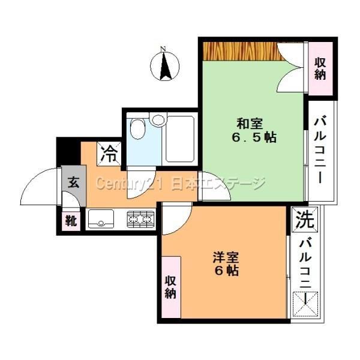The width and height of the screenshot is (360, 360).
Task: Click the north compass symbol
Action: tap(164, 65)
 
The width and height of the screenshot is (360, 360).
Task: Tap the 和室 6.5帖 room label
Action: tap(253, 130)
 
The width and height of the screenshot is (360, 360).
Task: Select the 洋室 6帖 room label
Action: tap(226, 264)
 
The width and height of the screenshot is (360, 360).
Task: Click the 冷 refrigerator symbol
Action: tap(109, 154)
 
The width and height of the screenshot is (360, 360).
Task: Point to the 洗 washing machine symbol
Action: tap(304, 219)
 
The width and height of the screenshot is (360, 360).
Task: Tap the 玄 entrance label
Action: tap(74, 183)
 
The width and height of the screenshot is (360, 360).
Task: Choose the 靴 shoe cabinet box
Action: tap(71, 221)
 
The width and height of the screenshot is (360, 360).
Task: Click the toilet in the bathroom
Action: tap(137, 128)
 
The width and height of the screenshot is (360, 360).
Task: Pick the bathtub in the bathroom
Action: tap(180, 139)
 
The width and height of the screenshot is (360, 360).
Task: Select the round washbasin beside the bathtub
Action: tap(158, 119)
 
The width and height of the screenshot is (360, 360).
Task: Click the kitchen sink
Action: tap(101, 219)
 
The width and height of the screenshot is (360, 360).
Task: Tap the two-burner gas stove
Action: tap(140, 219)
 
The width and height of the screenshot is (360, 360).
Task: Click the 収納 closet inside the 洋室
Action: tap(171, 287)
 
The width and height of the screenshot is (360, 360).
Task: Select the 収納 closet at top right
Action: tap(320, 68)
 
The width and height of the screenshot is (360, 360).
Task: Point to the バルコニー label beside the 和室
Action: tap(320, 151)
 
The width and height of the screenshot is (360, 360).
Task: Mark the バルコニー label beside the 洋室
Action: tap(305, 272)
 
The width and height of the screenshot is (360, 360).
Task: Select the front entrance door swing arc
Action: tap(38, 186)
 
